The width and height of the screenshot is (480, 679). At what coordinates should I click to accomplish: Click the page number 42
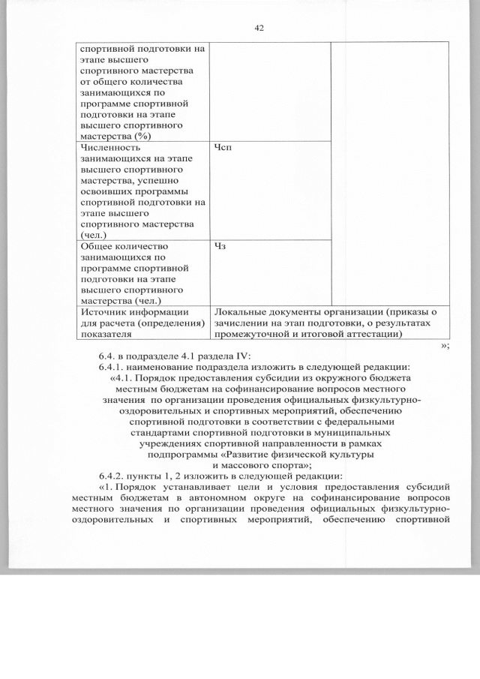coord(259,28)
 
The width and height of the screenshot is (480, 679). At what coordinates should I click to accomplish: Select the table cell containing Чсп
coord(270,191)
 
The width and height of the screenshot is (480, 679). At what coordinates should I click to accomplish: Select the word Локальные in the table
coord(241,312)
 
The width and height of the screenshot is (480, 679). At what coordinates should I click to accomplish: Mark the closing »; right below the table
coord(445,344)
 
